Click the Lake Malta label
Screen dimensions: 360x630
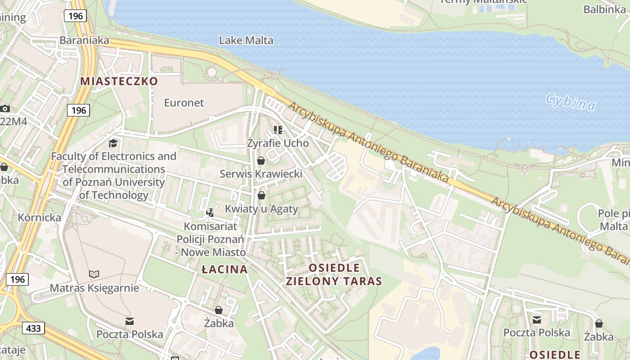pyautogui.click(x=246, y=40)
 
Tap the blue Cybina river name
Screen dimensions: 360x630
pyautogui.click(x=570, y=102)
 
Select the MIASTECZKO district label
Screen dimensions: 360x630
pyautogui.click(x=119, y=81)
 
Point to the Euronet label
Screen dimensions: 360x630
pyautogui.click(x=184, y=103)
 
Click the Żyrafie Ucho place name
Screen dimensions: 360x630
pyautogui.click(x=278, y=143)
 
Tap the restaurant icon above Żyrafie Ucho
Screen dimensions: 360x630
pyautogui.click(x=278, y=130)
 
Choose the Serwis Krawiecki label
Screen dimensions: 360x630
pyautogui.click(x=261, y=174)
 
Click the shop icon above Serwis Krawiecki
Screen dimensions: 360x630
pyautogui.click(x=261, y=161)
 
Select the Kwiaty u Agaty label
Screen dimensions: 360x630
pyautogui.click(x=261, y=209)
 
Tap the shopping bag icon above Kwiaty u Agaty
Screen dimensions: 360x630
pyautogui.click(x=261, y=195)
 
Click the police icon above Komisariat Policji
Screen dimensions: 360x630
pyautogui.click(x=210, y=212)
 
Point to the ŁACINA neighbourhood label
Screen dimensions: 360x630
pyautogui.click(x=225, y=270)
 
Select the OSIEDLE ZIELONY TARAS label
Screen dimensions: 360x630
pyautogui.click(x=334, y=275)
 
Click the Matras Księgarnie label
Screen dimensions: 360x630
pyautogui.click(x=94, y=288)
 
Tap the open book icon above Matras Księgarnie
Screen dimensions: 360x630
pyautogui.click(x=94, y=274)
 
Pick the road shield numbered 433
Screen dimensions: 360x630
pyautogui.click(x=33, y=328)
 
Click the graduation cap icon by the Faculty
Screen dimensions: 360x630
pyautogui.click(x=113, y=143)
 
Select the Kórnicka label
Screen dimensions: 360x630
pyautogui.click(x=39, y=217)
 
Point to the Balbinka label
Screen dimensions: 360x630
pyautogui.click(x=605, y=9)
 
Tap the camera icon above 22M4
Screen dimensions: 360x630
pyautogui.click(x=5, y=108)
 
